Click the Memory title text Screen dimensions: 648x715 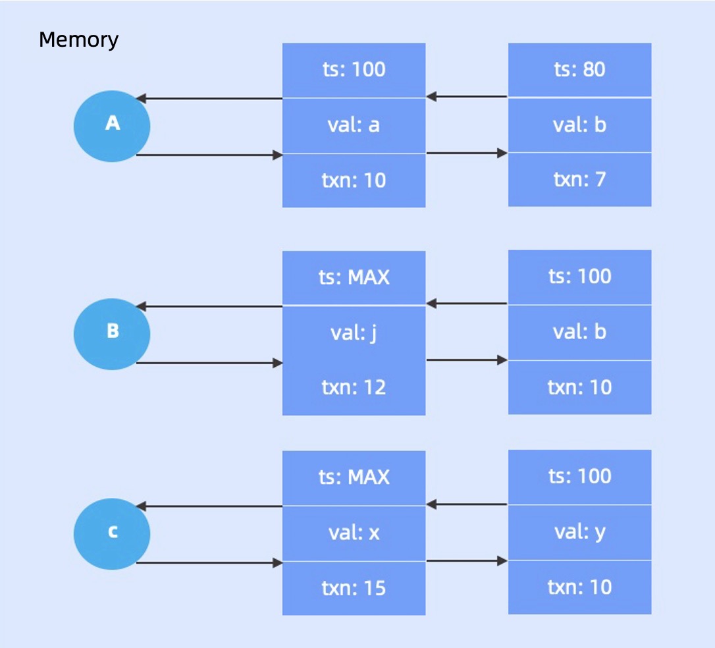pyautogui.click(x=78, y=40)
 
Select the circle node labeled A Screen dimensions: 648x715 pyautogui.click(x=112, y=126)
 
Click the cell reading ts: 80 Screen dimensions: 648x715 pyautogui.click(x=579, y=69)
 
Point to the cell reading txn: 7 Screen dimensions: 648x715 pyautogui.click(x=579, y=180)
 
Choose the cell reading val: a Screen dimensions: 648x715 pyautogui.click(x=354, y=125)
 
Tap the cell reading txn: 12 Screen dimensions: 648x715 pyautogui.click(x=354, y=387)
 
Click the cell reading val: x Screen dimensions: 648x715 pyautogui.click(x=354, y=533)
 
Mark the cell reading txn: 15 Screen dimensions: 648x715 pyautogui.click(x=354, y=588)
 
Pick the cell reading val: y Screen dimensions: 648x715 pyautogui.click(x=579, y=532)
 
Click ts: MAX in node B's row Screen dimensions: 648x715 pyautogui.click(x=354, y=277)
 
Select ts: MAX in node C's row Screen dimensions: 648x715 pyautogui.click(x=354, y=477)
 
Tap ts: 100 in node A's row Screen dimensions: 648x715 pyautogui.click(x=354, y=69)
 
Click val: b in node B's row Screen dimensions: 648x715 pyautogui.click(x=579, y=332)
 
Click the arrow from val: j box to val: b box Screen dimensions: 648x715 pyautogui.click(x=467, y=360)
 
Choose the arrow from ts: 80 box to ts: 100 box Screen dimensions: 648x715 pyautogui.click(x=467, y=97)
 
